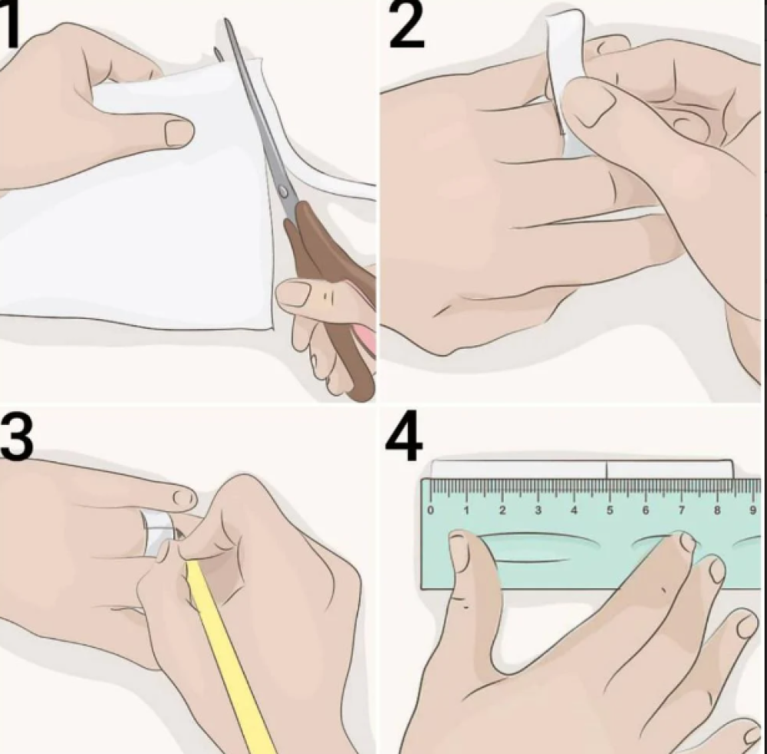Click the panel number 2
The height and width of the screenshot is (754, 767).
coord(406,25)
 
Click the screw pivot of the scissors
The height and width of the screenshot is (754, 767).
coord(283,191)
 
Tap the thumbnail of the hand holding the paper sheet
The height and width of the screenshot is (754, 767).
coord(179,133)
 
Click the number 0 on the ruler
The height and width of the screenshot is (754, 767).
coord(430,510)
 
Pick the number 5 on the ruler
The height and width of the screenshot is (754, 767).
coord(610,510)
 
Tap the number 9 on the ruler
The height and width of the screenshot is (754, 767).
coord(753,510)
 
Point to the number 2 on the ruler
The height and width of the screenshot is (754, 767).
coord(502,510)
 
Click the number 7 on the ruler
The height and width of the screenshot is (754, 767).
coord(681,510)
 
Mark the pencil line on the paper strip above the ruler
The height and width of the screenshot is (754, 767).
coord(607,469)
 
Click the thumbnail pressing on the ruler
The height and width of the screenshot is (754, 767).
coord(460,553)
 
